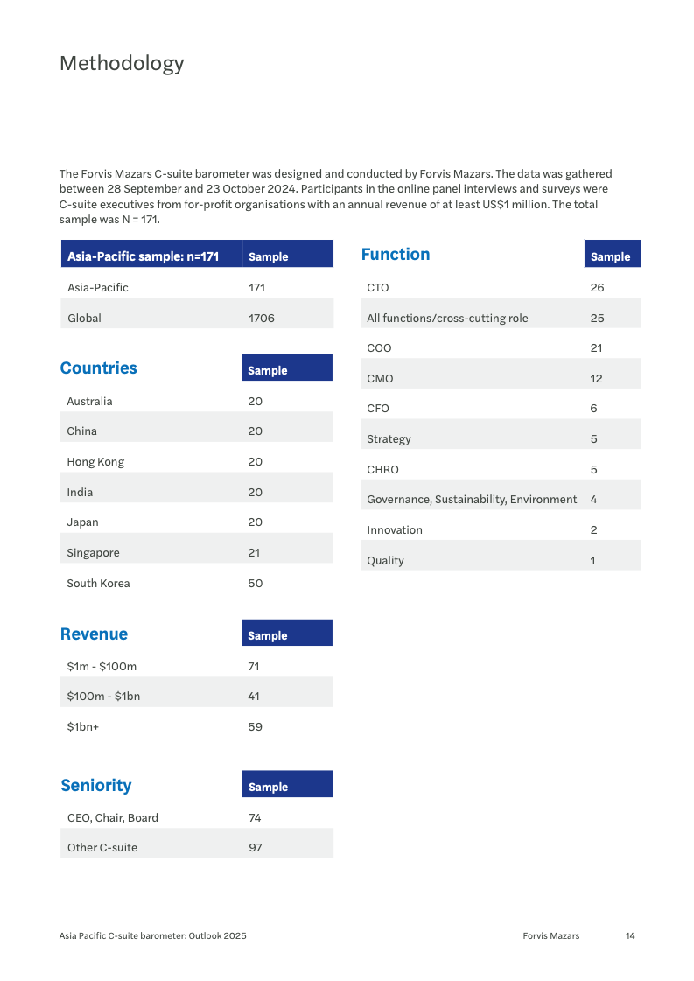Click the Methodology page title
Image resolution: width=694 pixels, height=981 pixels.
(122, 63)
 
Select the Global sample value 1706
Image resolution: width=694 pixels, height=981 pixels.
(261, 319)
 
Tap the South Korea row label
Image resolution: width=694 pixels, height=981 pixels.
(98, 584)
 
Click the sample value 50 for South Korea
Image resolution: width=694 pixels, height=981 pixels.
(255, 584)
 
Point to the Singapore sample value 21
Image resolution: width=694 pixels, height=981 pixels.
(254, 553)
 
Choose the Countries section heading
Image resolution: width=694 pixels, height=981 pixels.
(98, 368)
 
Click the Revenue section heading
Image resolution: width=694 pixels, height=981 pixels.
(94, 634)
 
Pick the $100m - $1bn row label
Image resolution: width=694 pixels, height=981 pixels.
(103, 697)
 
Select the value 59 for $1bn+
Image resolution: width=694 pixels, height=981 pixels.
(255, 727)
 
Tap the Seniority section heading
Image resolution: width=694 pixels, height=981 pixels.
(96, 786)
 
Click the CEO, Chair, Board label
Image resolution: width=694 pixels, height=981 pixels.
(113, 818)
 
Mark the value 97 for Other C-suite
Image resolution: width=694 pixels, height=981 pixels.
(255, 848)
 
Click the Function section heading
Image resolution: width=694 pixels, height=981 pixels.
(396, 255)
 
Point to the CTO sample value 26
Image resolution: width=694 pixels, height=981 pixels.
(597, 288)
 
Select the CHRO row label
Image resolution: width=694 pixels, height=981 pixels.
(382, 470)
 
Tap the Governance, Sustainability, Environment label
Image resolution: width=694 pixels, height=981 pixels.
(472, 500)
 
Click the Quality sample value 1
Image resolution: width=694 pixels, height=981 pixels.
(592, 561)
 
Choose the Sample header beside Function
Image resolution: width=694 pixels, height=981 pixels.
(611, 257)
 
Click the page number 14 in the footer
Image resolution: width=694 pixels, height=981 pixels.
(630, 936)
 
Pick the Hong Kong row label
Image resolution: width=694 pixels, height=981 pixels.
(95, 462)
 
